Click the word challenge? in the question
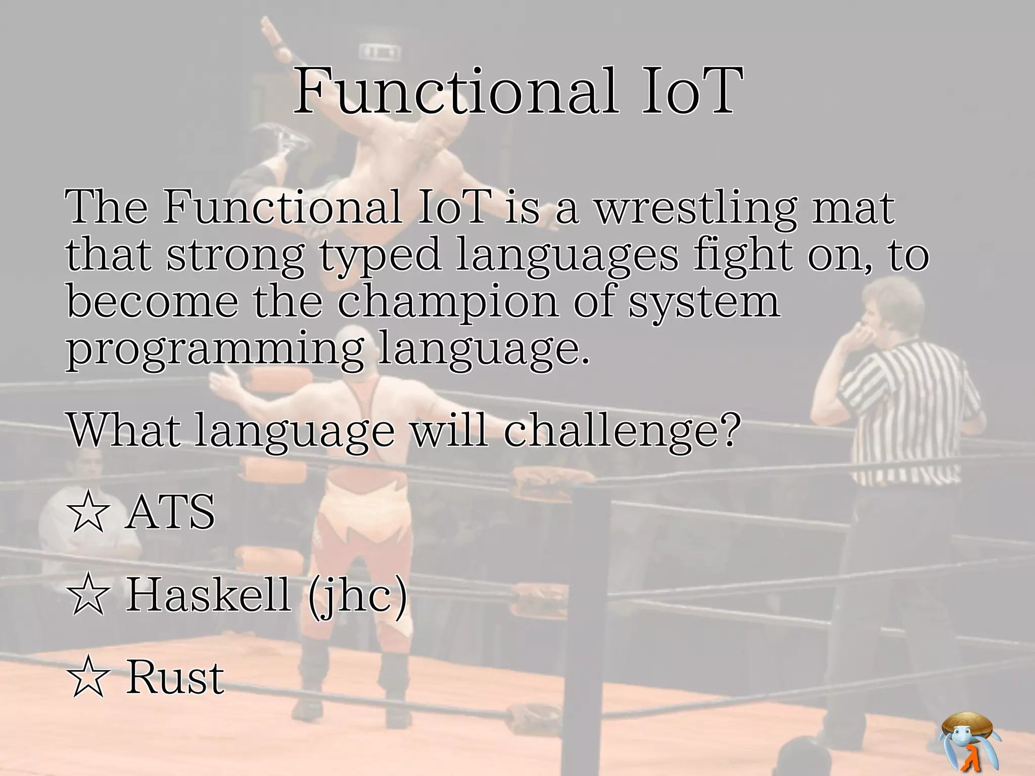(x=622, y=430)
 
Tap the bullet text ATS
(x=171, y=512)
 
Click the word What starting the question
(x=124, y=430)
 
